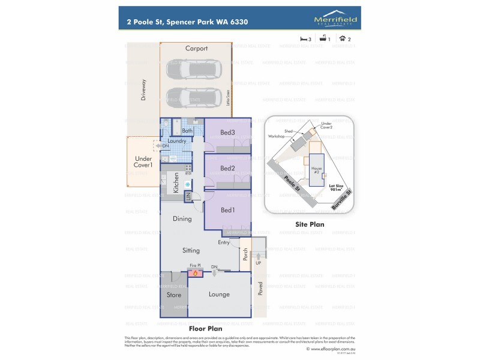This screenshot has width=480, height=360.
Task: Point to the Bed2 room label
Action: click(227, 168)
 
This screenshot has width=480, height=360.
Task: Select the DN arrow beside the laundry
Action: click(149, 146)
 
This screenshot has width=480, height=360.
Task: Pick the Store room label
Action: click(173, 295)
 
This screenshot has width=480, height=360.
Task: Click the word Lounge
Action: click(219, 295)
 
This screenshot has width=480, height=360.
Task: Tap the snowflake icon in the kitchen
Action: click(188, 184)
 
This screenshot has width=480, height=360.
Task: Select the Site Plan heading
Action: click(310, 224)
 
